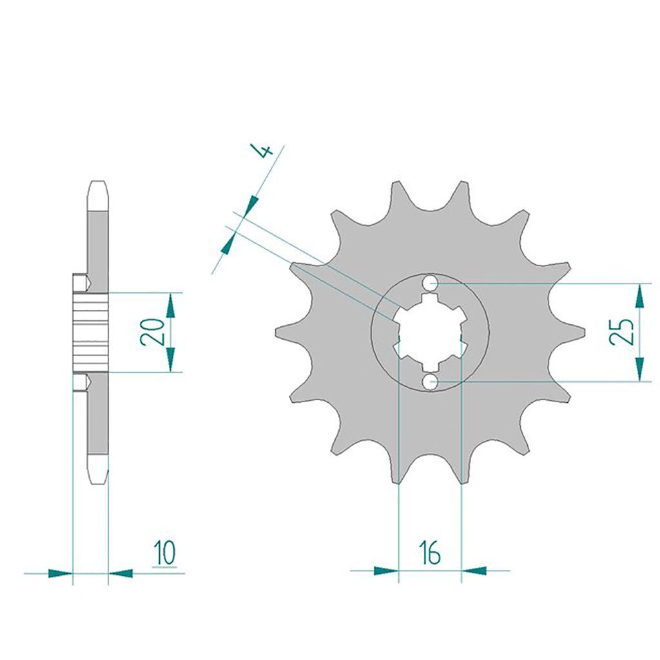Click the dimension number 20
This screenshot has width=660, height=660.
click(152, 332)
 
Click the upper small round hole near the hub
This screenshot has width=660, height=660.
click(430, 284)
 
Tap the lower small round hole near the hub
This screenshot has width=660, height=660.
click(430, 382)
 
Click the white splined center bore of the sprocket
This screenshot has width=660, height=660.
click(430, 333)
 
